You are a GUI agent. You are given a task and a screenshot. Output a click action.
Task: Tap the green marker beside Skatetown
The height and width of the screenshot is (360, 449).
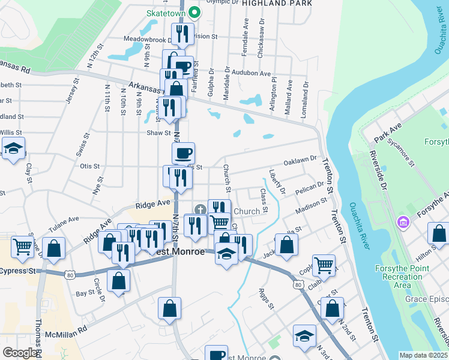pyautogui.click(x=194, y=11)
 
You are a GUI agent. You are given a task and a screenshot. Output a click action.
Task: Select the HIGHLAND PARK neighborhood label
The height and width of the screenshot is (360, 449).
pyautogui.click(x=277, y=3)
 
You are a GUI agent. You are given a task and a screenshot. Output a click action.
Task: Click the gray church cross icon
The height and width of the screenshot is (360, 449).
pyautogui.click(x=199, y=209)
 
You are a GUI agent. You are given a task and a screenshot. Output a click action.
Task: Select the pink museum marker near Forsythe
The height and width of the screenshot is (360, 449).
pyautogui.click(x=402, y=223)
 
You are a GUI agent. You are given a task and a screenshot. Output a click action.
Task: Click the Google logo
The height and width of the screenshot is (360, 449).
pyautogui.click(x=19, y=353)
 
